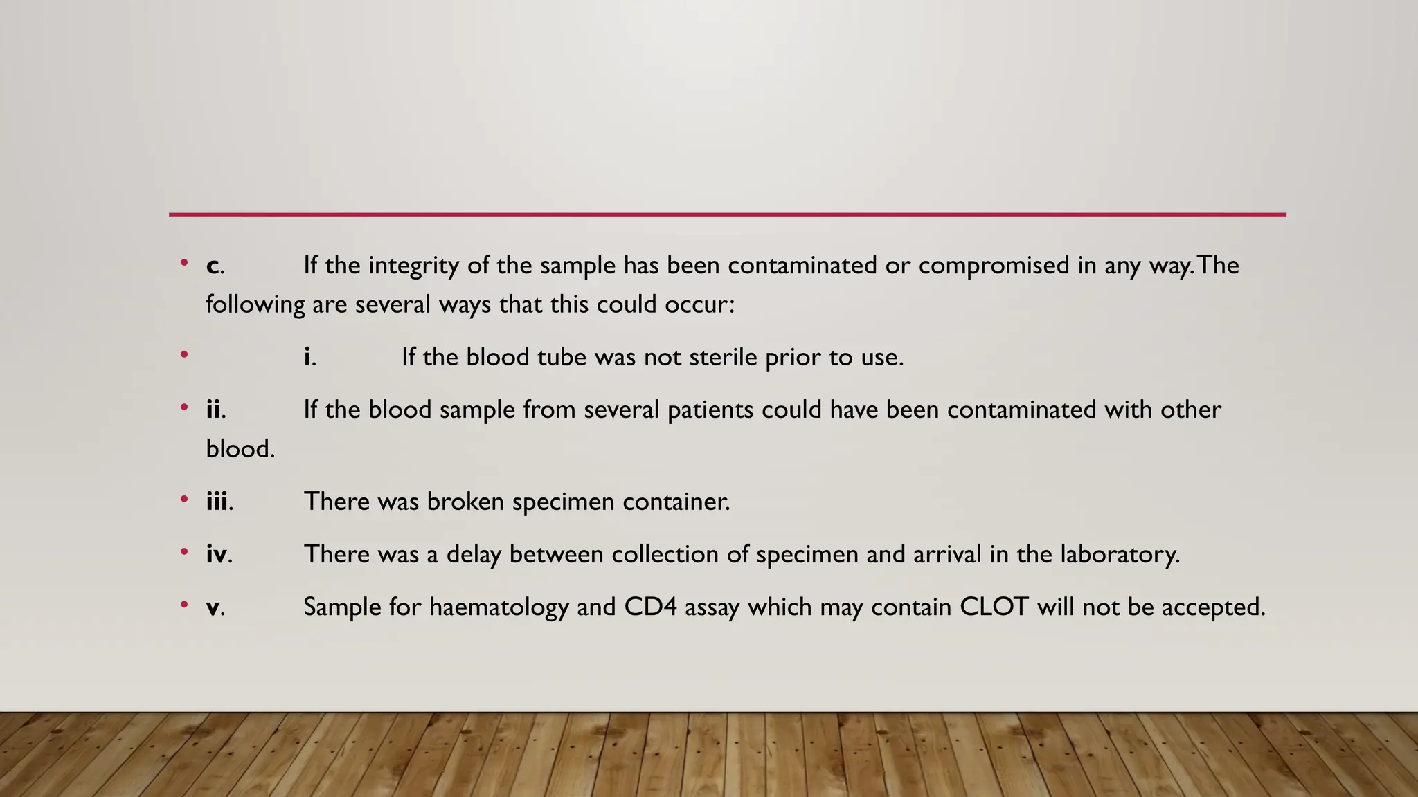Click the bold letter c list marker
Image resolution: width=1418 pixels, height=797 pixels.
coord(213,266)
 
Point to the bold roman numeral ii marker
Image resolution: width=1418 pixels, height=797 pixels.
coord(214,410)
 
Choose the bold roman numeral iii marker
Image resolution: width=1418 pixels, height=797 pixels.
coord(217,502)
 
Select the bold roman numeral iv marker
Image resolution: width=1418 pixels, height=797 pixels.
coord(217,554)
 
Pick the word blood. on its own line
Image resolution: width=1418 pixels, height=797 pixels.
coord(240,449)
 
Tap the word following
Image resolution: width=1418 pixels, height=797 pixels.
coord(255,305)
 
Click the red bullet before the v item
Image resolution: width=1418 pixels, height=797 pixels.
coord(184,605)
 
